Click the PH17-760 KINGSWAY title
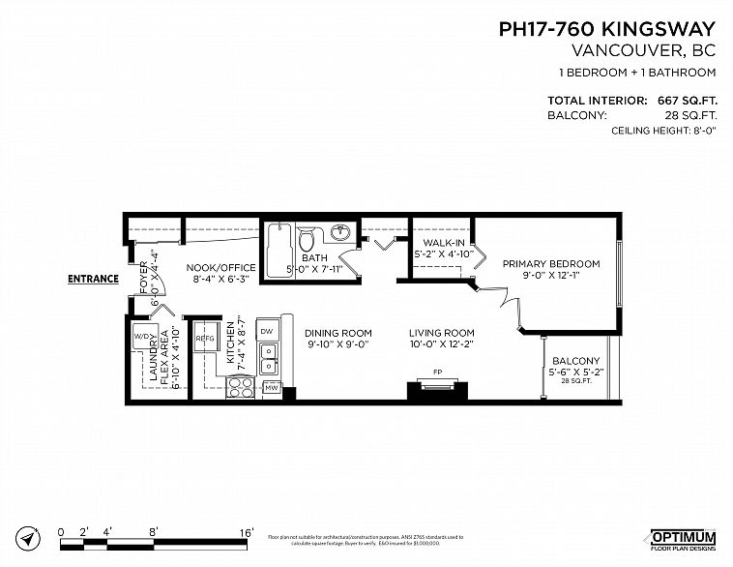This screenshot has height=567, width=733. [x=606, y=30]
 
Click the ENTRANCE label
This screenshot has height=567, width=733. [x=93, y=280]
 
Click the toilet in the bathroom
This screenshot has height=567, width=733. [x=307, y=239]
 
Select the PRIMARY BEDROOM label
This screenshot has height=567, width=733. [x=549, y=264]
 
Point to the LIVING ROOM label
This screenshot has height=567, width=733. [x=440, y=332]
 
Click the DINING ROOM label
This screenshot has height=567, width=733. [x=339, y=332]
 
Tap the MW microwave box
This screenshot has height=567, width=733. [x=271, y=389]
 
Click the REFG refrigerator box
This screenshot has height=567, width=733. [x=204, y=340]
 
